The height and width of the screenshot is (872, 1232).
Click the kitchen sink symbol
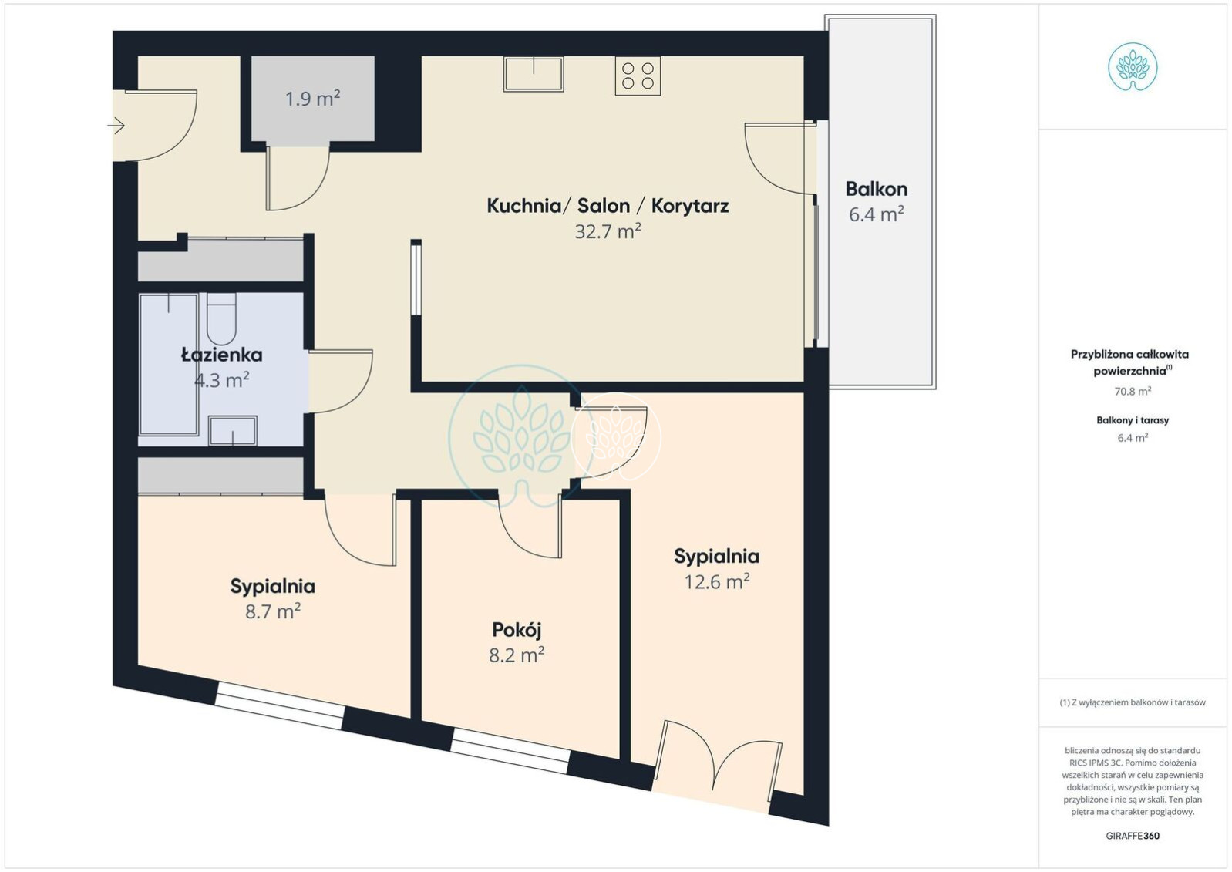click(534, 74)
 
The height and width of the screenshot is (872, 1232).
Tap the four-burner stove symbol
click(638, 76)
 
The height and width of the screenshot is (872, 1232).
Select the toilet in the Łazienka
click(221, 318)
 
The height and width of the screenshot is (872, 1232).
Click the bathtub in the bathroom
click(169, 364)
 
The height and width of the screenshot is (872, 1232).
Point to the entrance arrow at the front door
click(116, 126)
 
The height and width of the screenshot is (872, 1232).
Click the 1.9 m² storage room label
click(312, 99)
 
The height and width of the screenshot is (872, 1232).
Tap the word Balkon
click(876, 189)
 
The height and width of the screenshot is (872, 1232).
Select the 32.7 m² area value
click(608, 231)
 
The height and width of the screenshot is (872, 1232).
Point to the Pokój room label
click(517, 629)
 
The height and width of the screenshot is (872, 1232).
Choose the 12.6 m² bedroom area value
click(717, 581)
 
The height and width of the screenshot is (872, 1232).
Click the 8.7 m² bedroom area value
click(273, 611)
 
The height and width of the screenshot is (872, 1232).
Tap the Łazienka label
click(221, 355)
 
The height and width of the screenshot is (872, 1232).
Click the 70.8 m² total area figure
click(1133, 391)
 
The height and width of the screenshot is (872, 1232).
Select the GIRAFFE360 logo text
click(1133, 836)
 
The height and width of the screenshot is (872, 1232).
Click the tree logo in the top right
click(1133, 67)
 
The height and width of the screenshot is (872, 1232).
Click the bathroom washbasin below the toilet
click(233, 431)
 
